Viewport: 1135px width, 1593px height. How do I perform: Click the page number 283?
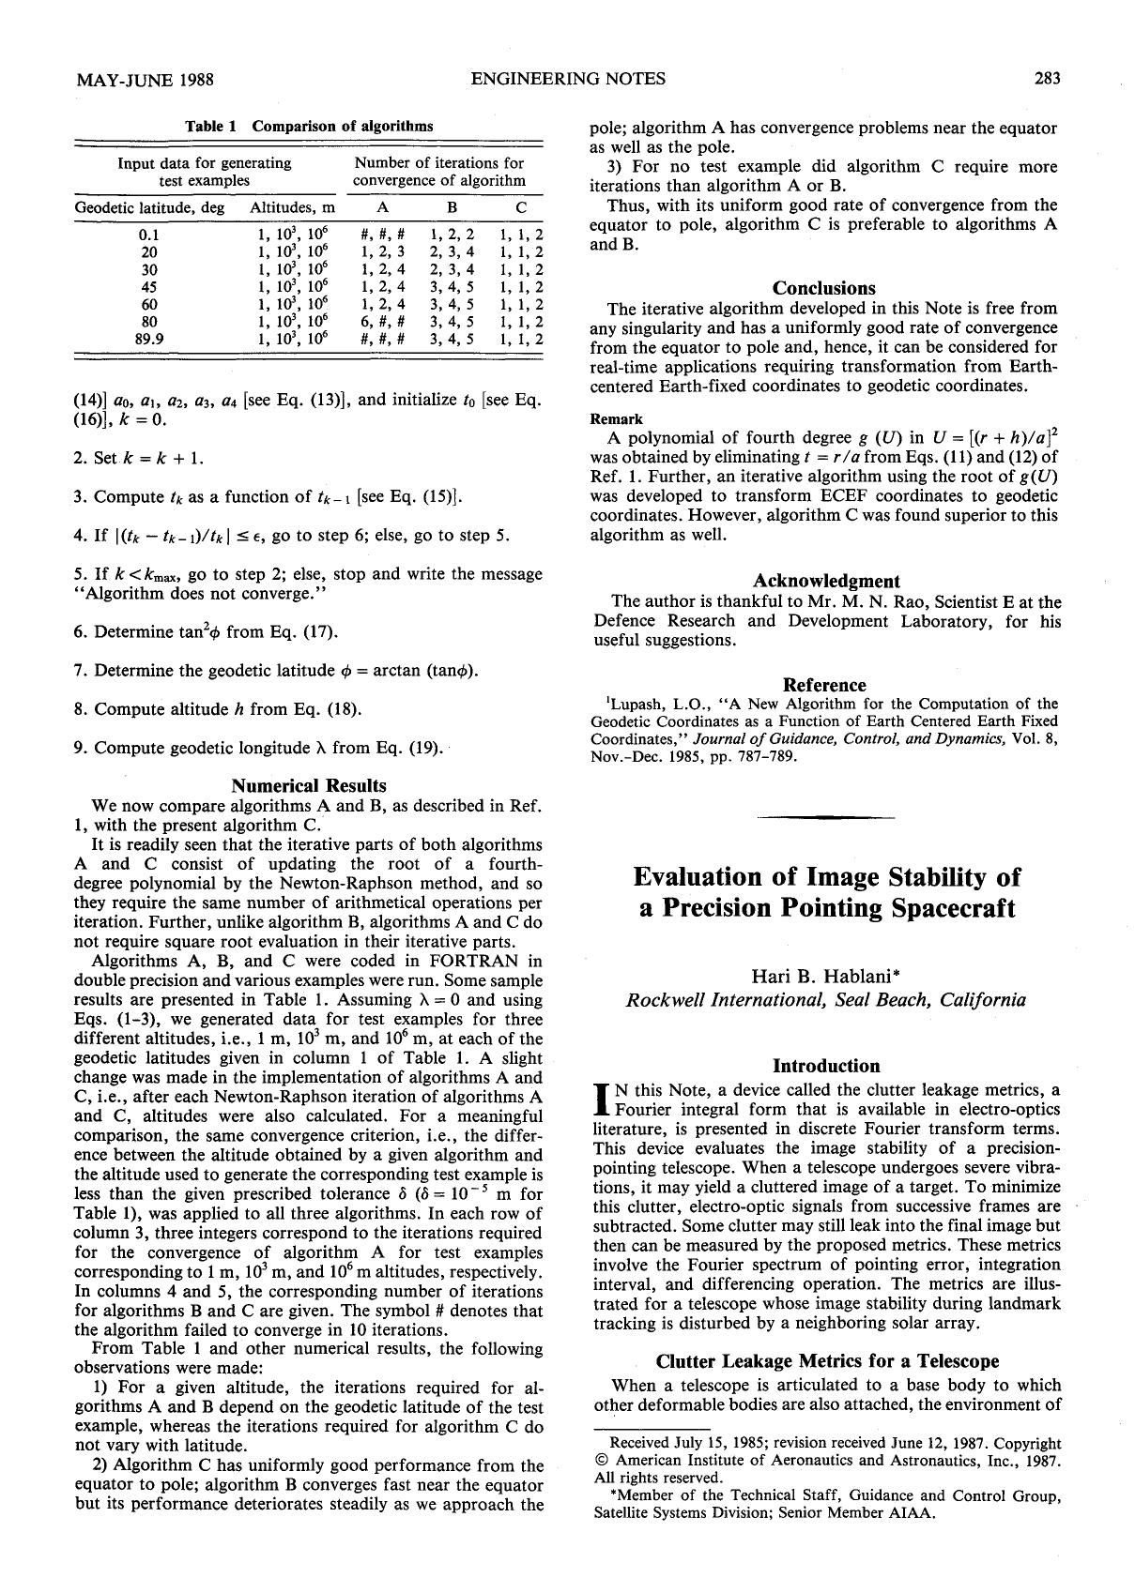click(x=1047, y=79)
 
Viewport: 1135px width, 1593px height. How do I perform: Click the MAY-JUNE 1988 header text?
click(x=144, y=80)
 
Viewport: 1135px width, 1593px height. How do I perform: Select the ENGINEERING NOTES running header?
click(x=567, y=79)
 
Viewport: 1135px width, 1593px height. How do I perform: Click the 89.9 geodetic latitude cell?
click(x=149, y=339)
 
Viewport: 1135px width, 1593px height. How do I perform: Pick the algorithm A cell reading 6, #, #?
click(x=382, y=322)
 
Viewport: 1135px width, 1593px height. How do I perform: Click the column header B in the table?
click(x=452, y=207)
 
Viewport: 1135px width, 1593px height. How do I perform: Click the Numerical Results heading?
click(x=308, y=785)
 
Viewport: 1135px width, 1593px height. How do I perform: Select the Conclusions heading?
click(x=823, y=288)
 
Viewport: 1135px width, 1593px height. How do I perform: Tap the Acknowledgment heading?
click(x=825, y=581)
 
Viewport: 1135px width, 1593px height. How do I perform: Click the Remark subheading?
click(x=616, y=419)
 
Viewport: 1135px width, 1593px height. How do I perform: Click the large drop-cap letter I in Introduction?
click(x=602, y=1099)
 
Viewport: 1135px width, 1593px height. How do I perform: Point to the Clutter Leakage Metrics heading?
click(x=826, y=1360)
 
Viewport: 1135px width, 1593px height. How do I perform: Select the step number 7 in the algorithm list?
click(x=79, y=670)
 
